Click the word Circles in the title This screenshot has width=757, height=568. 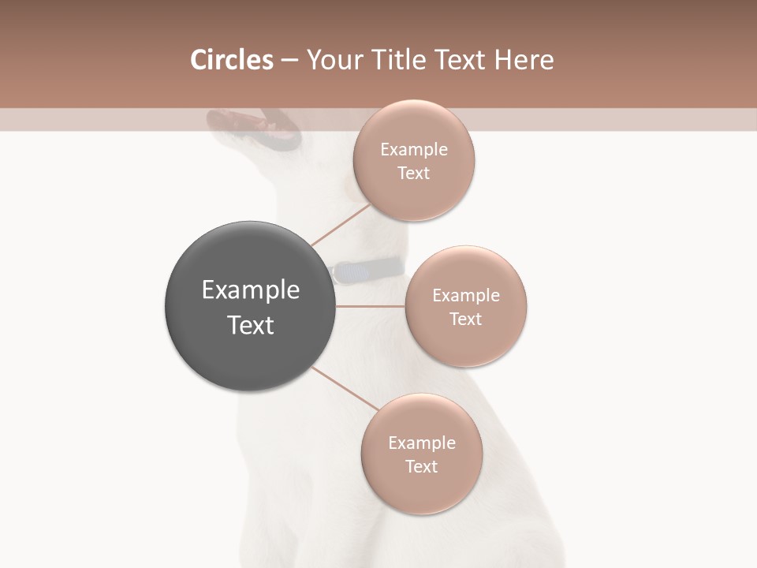click(x=232, y=60)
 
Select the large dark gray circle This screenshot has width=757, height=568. click(x=251, y=306)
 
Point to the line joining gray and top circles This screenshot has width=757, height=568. click(x=341, y=224)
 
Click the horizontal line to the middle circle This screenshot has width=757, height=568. click(x=371, y=306)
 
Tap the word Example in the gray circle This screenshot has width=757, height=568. click(x=251, y=290)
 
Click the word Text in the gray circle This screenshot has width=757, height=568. click(x=251, y=325)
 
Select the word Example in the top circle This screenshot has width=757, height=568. click(x=414, y=150)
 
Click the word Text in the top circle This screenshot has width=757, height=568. click(x=414, y=174)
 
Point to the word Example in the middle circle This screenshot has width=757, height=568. click(x=466, y=296)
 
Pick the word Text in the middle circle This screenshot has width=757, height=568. click(x=466, y=319)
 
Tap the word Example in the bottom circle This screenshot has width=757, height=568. click(x=422, y=443)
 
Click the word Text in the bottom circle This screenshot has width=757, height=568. click(x=422, y=467)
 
